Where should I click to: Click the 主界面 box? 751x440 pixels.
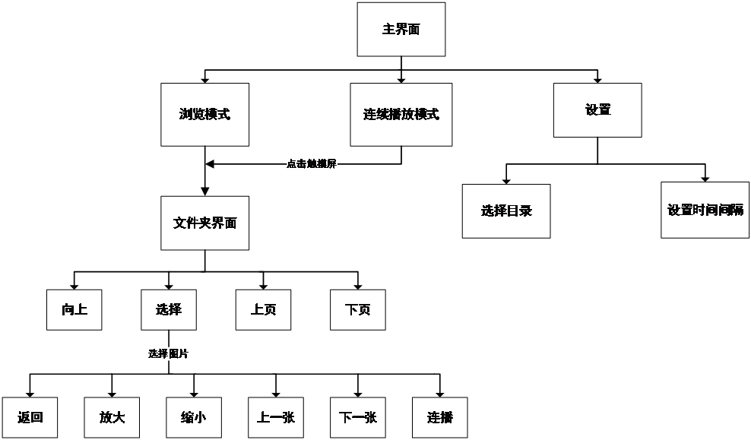point(401,30)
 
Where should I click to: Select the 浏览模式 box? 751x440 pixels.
point(204,115)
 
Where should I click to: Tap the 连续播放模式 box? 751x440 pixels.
point(401,115)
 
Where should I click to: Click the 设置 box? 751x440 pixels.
point(597,110)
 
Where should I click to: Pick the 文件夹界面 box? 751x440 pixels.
point(204,223)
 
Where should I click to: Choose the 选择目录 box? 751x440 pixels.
point(506,211)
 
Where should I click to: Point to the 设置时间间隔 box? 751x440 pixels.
point(705,211)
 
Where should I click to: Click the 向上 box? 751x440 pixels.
point(74,310)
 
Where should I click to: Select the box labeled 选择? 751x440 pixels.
point(169,310)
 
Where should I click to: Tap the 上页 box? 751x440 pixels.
point(263,310)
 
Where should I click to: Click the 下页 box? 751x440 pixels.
point(358,310)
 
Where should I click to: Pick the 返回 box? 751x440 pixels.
point(30,418)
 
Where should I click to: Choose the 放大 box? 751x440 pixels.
point(112,418)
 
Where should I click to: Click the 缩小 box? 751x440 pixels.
point(194,418)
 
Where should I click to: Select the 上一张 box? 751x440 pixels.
point(276,418)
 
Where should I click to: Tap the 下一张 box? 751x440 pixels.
point(358,418)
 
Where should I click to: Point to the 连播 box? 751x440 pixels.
point(439,418)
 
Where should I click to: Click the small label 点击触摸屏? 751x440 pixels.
point(312,164)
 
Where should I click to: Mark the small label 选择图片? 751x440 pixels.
point(168,354)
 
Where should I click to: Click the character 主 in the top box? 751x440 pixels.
point(388,30)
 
